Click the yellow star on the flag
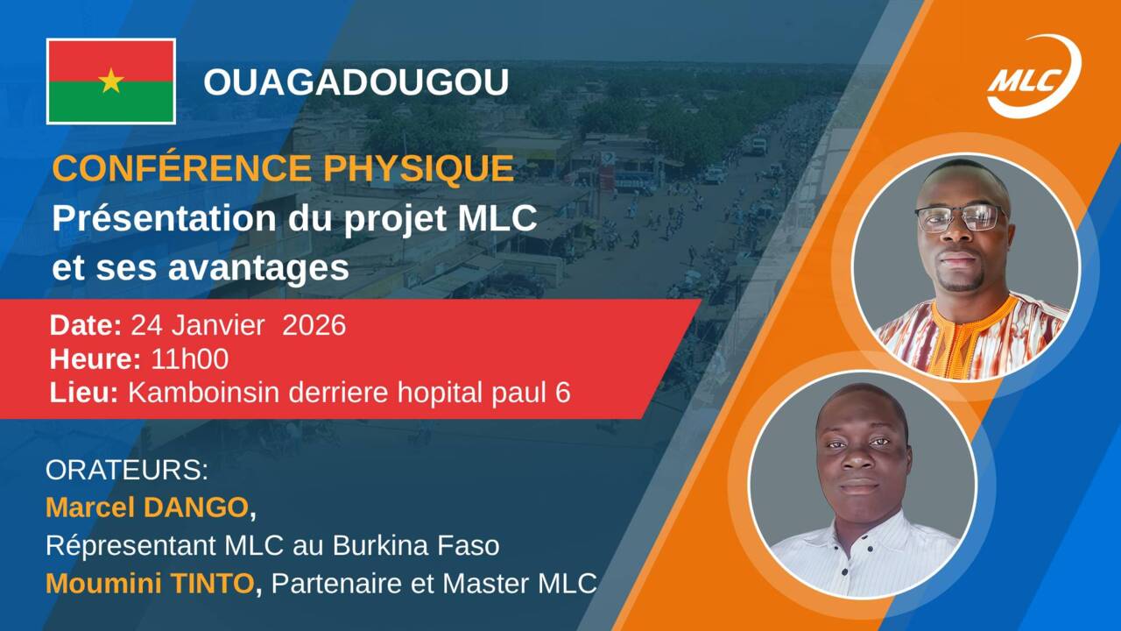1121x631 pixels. coord(111,81)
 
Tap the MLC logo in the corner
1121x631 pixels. coord(1033,76)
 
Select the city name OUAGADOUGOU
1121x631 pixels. coord(356,82)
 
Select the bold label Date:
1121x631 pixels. coord(86,326)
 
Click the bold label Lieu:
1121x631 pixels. coord(84,393)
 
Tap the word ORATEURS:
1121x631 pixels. coord(127,470)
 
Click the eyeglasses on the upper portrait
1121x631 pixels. coord(961,217)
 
